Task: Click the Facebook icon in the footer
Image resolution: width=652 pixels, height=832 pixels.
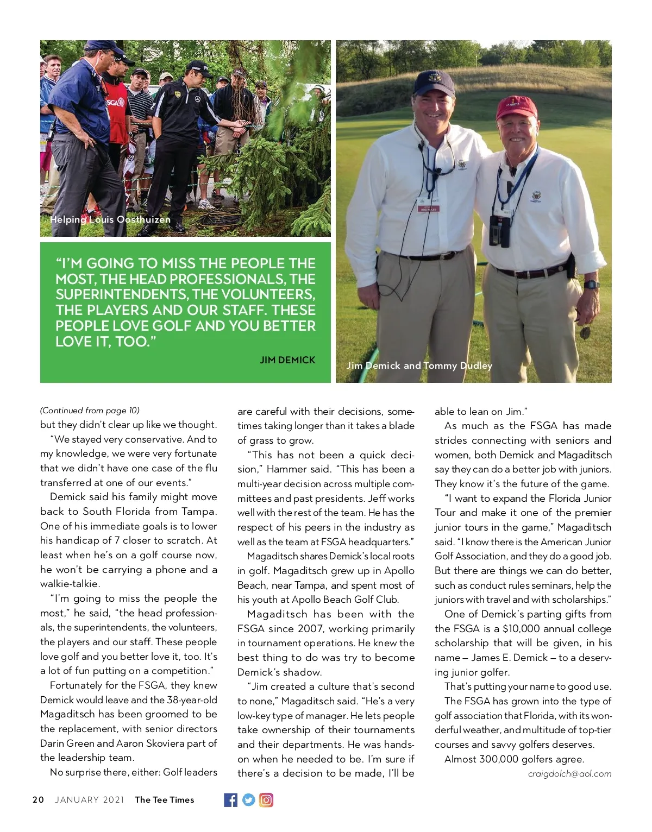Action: coord(230,799)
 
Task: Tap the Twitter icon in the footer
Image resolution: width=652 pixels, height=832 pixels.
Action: coord(248,799)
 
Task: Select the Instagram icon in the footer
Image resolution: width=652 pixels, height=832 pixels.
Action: coord(266,799)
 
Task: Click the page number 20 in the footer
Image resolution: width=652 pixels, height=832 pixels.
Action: coord(38,799)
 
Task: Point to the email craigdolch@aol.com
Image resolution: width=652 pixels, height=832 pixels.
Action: coord(569,773)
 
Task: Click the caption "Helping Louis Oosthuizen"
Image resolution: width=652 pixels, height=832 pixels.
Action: coord(110,219)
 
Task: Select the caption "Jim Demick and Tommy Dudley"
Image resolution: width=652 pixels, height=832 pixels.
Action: coord(419,365)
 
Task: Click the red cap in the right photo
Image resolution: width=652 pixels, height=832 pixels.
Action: coord(516,108)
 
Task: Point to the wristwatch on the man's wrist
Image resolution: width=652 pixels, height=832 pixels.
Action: coord(591,284)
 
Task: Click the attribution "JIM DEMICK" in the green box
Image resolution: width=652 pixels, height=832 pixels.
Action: coord(287,360)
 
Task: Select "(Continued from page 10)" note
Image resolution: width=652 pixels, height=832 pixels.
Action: coord(90,410)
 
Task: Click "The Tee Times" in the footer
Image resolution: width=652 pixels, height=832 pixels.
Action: coord(164,799)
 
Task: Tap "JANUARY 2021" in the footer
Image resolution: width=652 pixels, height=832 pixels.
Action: coord(90,799)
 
